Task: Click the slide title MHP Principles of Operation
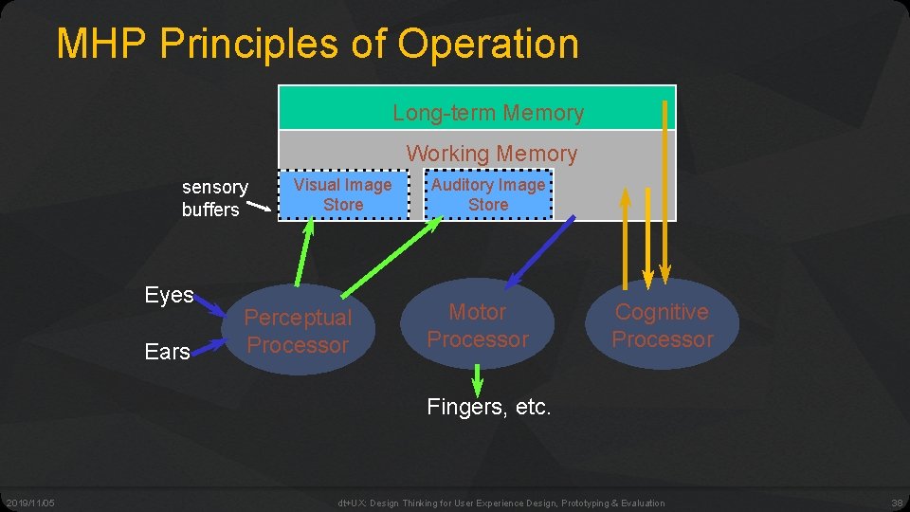click(317, 44)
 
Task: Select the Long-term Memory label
click(488, 113)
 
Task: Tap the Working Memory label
click(491, 153)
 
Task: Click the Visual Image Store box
click(342, 194)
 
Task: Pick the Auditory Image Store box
click(488, 194)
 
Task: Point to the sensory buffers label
click(214, 198)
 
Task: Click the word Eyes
click(169, 295)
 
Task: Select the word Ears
click(168, 352)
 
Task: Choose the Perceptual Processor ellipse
click(298, 331)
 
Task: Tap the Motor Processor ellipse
click(477, 325)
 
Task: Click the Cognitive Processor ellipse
click(662, 325)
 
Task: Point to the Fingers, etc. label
click(488, 408)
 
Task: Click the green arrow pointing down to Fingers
click(477, 381)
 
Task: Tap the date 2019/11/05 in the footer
click(29, 503)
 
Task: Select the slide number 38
click(897, 503)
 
